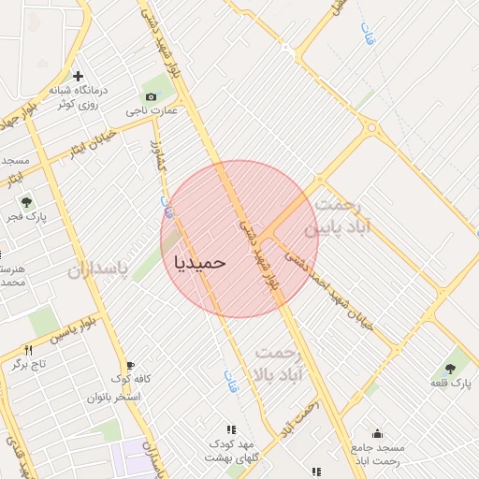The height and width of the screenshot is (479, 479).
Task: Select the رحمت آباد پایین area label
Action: (x=343, y=215)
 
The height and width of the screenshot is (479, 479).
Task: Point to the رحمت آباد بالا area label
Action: (x=280, y=361)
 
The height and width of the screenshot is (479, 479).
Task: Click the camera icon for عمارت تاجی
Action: (x=152, y=97)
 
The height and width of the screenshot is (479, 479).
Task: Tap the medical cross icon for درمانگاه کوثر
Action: (x=78, y=76)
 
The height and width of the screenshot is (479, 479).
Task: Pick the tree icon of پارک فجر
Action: (x=25, y=201)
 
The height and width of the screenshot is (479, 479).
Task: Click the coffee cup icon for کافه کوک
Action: (x=130, y=365)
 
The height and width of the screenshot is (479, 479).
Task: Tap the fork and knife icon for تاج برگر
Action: (x=27, y=350)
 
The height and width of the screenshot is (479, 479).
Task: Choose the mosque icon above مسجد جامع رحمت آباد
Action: (x=377, y=433)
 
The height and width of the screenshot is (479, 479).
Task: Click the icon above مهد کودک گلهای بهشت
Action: (x=231, y=428)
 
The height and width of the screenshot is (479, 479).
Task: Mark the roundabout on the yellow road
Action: (x=372, y=128)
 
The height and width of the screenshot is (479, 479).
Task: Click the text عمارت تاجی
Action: (x=151, y=111)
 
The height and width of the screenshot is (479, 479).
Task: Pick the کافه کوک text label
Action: (x=131, y=379)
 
